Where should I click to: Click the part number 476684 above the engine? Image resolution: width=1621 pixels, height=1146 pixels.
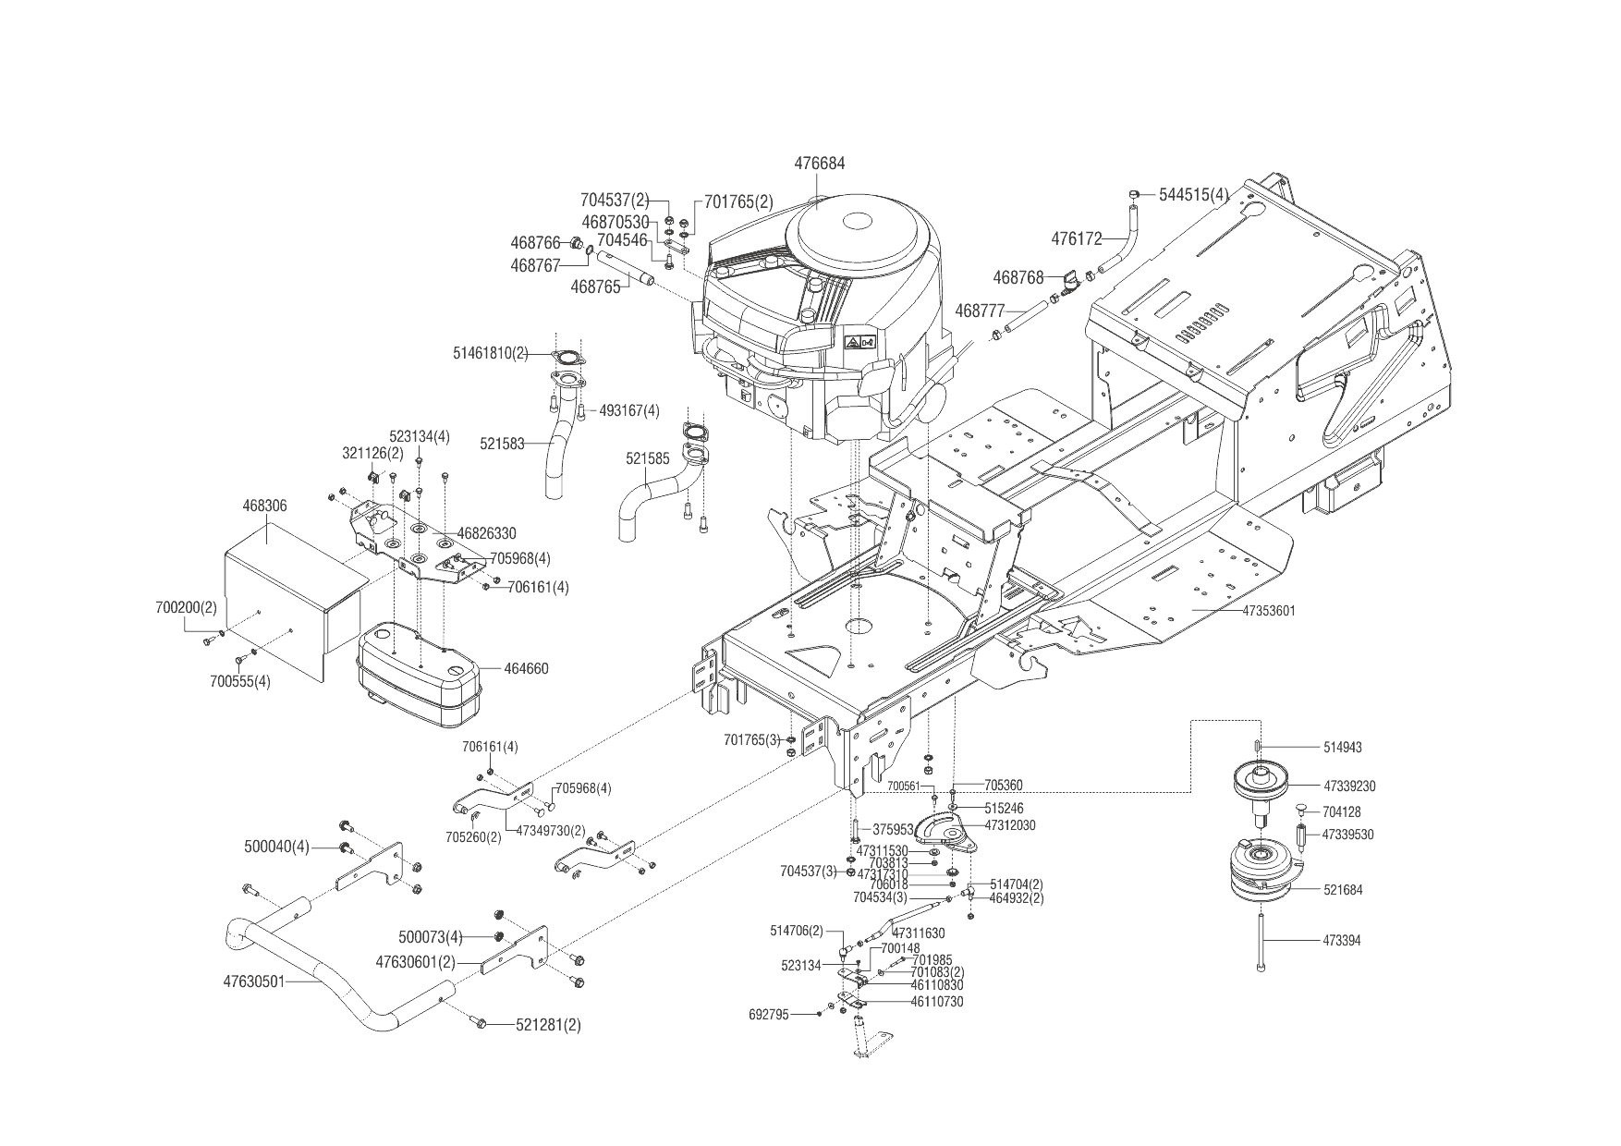click(x=819, y=164)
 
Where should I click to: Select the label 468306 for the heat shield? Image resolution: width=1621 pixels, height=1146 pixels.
click(x=264, y=506)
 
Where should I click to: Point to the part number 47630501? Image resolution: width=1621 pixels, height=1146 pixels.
click(x=254, y=982)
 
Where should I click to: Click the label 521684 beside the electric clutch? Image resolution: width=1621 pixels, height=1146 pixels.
click(x=1343, y=890)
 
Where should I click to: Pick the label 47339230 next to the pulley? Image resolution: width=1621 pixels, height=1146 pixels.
click(x=1349, y=786)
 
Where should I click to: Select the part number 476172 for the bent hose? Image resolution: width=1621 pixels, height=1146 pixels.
click(x=1077, y=238)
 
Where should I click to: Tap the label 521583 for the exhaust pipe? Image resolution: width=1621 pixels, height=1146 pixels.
click(x=502, y=445)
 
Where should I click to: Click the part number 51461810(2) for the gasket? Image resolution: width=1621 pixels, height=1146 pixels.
click(x=491, y=353)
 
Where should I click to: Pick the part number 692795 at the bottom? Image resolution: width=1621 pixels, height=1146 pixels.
click(x=769, y=1014)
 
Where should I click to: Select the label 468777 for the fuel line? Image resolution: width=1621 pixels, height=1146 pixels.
click(x=980, y=311)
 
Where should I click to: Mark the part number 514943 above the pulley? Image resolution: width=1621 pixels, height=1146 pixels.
click(x=1343, y=747)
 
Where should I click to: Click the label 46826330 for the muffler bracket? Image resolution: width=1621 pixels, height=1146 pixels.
click(x=487, y=533)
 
